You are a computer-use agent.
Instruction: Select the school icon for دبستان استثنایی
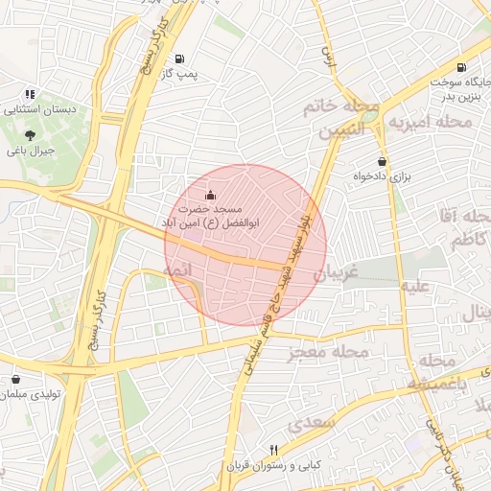tap(31, 94)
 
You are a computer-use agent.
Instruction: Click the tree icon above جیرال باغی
tap(31, 135)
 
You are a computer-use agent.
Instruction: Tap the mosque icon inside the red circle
tap(212, 196)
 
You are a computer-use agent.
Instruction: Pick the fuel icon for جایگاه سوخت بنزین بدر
tap(462, 68)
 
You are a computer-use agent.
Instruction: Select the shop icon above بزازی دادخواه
tap(383, 162)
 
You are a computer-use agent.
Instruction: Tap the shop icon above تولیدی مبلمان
tap(16, 381)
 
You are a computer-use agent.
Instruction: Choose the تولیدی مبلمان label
tap(31, 396)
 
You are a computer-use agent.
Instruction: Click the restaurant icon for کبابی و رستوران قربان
tap(274, 450)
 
